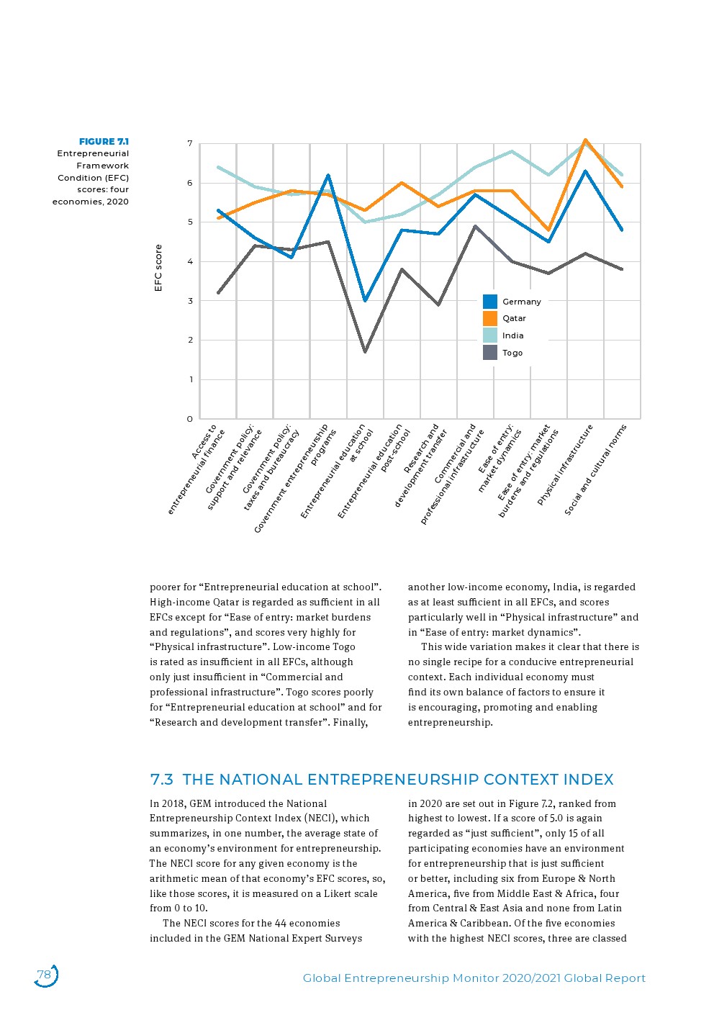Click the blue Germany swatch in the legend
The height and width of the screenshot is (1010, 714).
click(x=490, y=302)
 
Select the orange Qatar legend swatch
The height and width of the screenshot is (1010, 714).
click(x=490, y=318)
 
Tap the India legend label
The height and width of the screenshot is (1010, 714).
click(x=512, y=335)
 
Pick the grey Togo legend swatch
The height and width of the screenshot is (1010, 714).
click(x=490, y=353)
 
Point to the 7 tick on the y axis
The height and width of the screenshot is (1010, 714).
click(x=190, y=144)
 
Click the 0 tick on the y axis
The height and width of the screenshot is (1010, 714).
click(x=190, y=419)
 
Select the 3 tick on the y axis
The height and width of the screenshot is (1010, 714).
click(x=190, y=301)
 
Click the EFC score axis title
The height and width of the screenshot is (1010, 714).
click(x=158, y=268)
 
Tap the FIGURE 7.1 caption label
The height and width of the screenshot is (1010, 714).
click(x=104, y=142)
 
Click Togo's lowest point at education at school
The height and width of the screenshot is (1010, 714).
click(x=365, y=352)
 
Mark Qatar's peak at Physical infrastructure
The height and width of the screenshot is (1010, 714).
click(x=586, y=140)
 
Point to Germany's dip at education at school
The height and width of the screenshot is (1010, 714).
click(x=365, y=301)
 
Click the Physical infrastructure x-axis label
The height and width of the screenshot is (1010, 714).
click(x=566, y=464)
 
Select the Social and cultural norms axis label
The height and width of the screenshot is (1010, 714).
click(x=596, y=469)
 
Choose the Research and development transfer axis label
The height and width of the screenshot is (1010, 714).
click(x=422, y=464)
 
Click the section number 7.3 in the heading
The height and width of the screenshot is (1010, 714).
click(x=161, y=780)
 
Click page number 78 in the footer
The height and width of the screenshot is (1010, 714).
click(x=44, y=975)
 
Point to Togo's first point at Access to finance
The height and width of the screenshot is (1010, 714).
click(x=218, y=293)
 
